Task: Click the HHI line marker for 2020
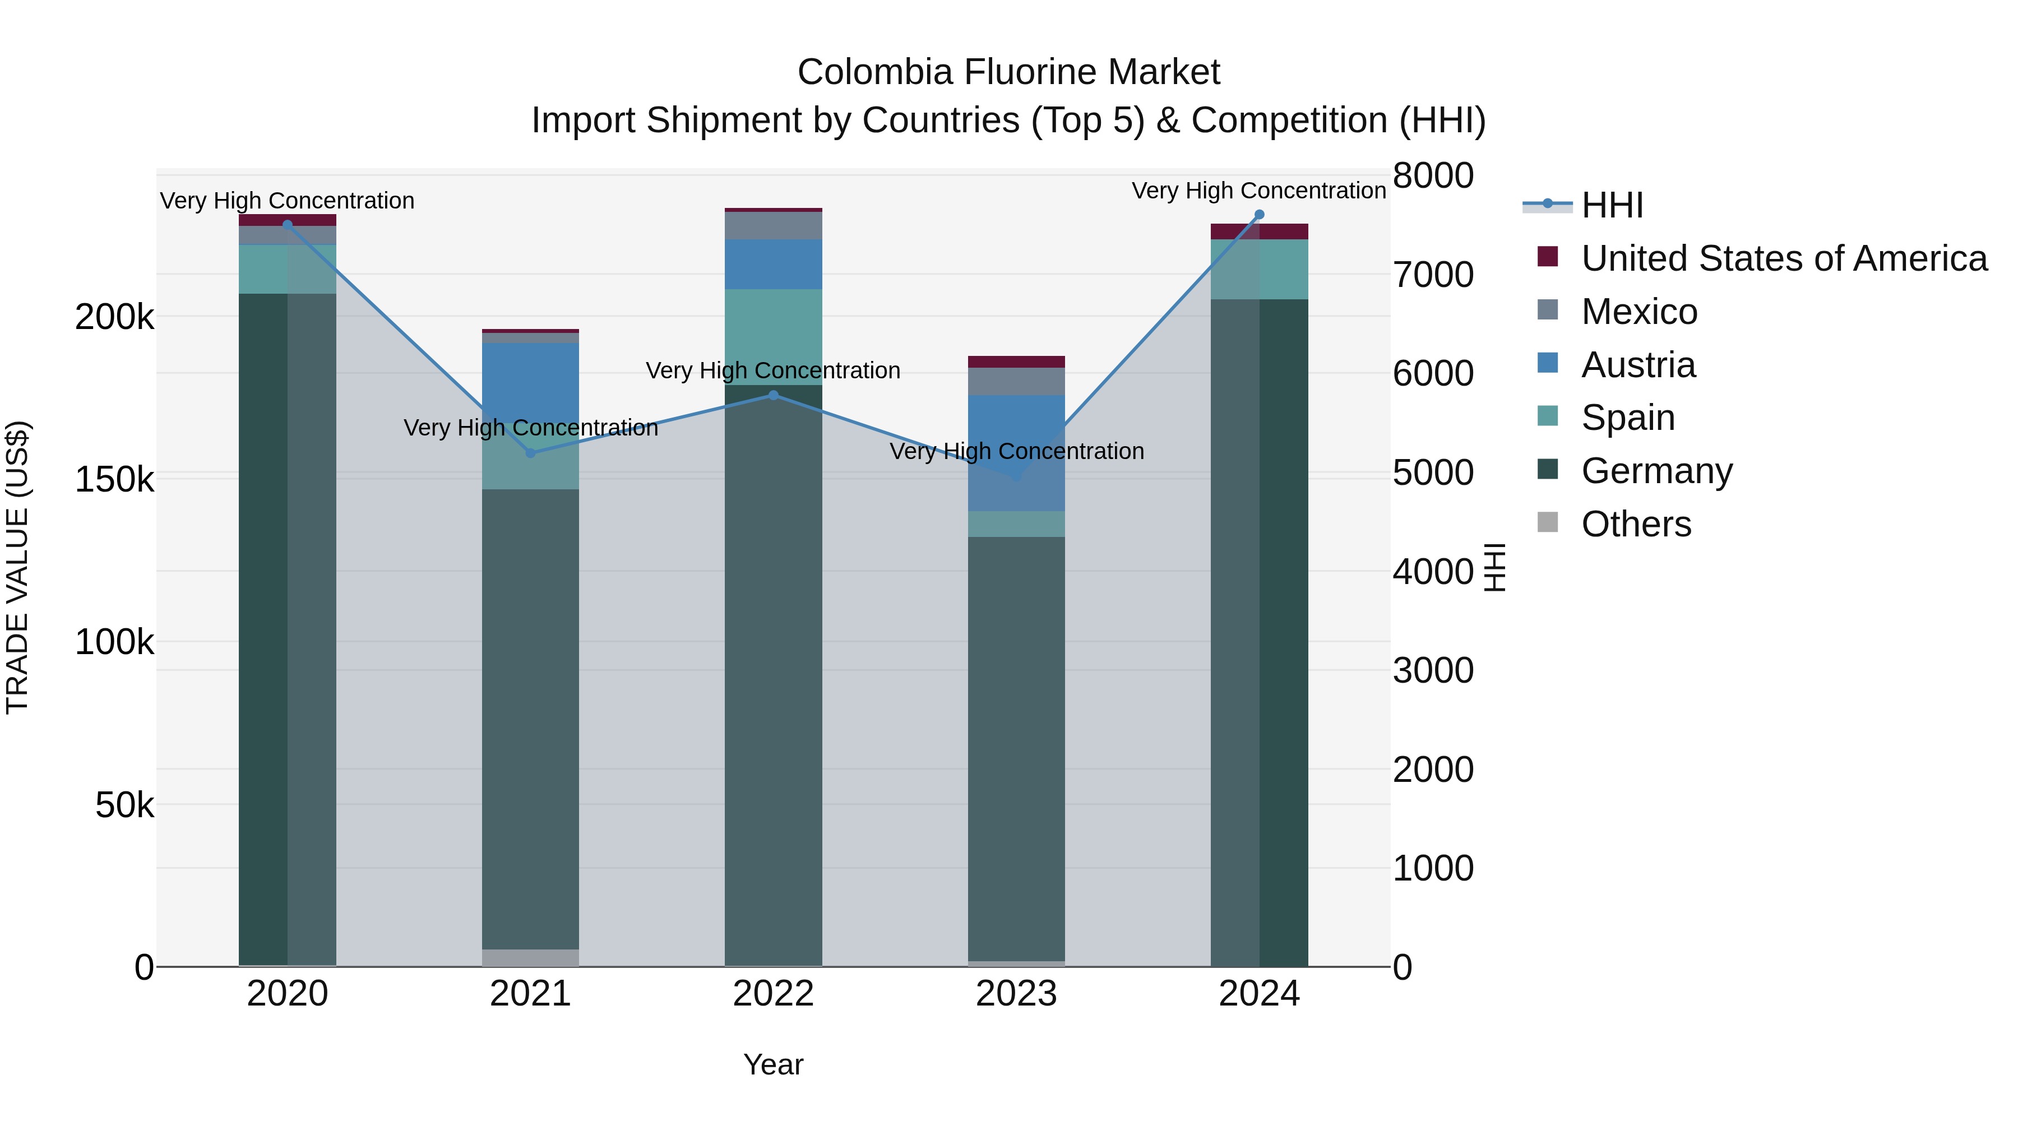tap(288, 225)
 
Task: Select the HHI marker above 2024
tap(1259, 215)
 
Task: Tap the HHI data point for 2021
tap(530, 453)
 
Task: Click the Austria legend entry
tap(1638, 365)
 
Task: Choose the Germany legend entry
tap(1656, 471)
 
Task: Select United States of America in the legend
tap(1784, 258)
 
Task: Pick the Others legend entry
tap(1636, 524)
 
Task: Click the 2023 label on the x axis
tap(1016, 994)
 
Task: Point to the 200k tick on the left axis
tap(114, 317)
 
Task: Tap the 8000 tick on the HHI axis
tap(1433, 175)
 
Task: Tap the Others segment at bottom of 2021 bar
tap(530, 957)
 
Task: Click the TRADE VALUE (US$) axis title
tap(17, 567)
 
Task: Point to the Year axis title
tap(773, 1064)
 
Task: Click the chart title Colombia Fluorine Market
tap(1008, 72)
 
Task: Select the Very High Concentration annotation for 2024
tap(1259, 191)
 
